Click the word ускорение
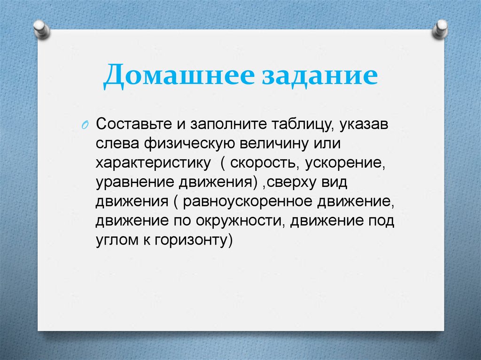coord(345,163)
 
